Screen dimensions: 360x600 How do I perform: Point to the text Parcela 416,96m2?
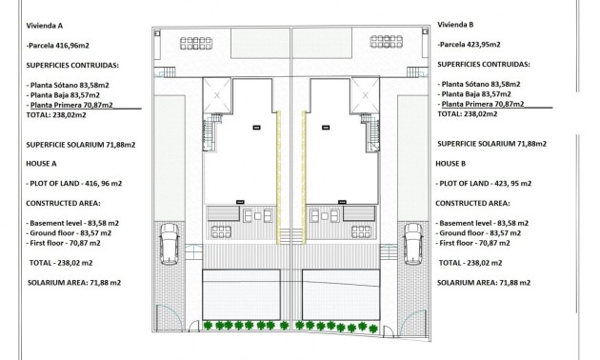(x=59, y=45)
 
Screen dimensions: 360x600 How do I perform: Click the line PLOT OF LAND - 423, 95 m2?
(x=487, y=182)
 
